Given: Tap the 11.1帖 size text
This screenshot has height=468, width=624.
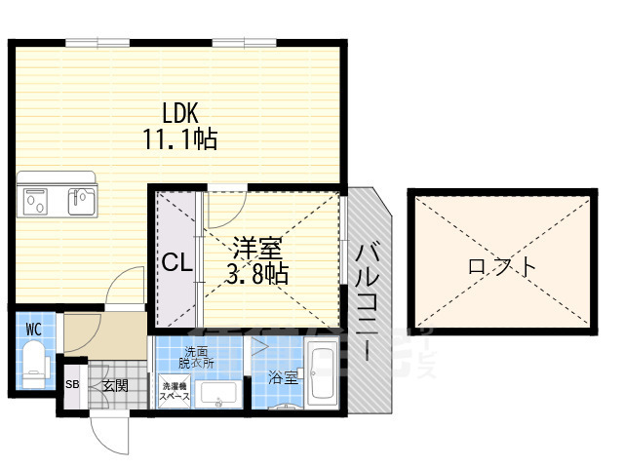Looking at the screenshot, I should point(180,139).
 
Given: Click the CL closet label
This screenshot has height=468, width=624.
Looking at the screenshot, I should point(176,262).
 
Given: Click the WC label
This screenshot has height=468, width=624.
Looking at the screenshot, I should point(33,329).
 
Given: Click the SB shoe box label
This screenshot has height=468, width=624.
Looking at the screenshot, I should point(72,385).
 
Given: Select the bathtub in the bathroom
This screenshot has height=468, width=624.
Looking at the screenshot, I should point(322,374).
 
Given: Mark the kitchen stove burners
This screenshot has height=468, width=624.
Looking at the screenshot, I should point(36,201).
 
